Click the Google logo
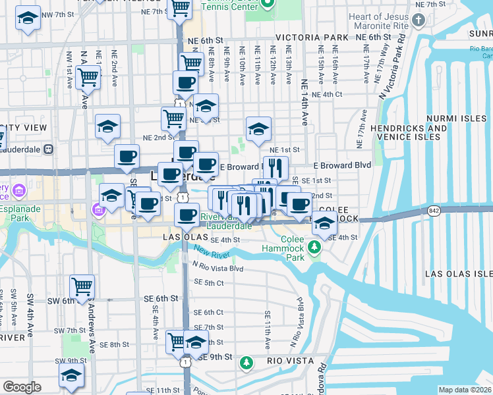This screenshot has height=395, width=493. pos(22,387)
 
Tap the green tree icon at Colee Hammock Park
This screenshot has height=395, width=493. pos(315,247)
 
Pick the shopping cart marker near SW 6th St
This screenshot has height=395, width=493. pos(82,286)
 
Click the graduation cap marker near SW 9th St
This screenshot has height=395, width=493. pos(71,376)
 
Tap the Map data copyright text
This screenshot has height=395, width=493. pos(465,390)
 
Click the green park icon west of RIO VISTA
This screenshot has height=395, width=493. pos(246,363)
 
